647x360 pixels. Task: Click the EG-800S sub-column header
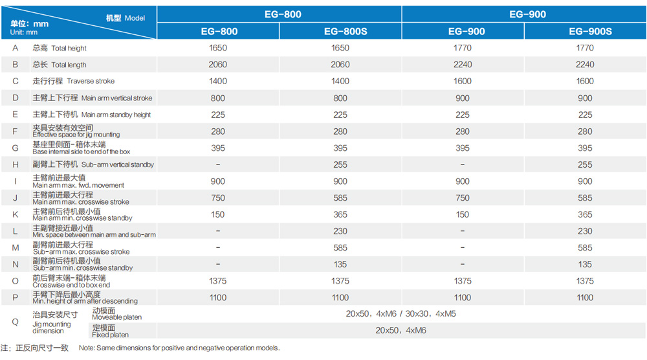(345, 31)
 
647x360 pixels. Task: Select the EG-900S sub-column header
(590, 31)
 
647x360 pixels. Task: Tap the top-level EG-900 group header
(527, 14)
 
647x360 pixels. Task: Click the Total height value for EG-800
(218, 48)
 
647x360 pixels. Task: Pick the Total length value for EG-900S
(585, 64)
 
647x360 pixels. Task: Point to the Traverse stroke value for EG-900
(463, 82)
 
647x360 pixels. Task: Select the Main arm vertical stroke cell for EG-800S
(340, 98)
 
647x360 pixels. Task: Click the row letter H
(16, 164)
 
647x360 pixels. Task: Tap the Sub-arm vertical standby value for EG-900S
(585, 164)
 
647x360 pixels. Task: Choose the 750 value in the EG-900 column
(463, 198)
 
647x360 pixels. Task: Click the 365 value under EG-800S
(340, 215)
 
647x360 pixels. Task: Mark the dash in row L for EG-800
(218, 231)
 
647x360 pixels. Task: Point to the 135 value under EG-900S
(585, 264)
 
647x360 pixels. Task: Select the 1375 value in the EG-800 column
(218, 281)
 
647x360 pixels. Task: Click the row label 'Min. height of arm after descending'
(85, 301)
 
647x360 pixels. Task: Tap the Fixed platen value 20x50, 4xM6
(400, 330)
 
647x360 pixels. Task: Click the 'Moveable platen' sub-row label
(116, 317)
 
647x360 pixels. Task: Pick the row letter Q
(16, 322)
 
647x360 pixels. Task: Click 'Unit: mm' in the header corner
(23, 32)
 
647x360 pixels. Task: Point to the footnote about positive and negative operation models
(179, 348)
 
